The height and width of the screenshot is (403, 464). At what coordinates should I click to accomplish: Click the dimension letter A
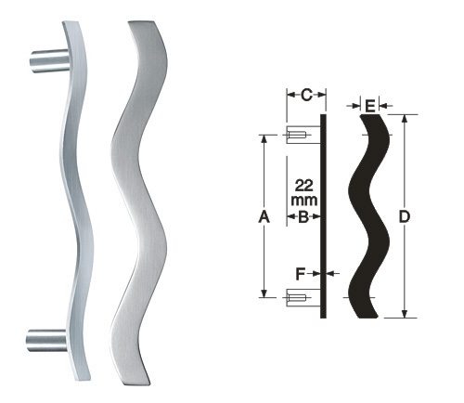click(264, 217)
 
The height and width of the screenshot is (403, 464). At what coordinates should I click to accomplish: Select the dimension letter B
click(303, 217)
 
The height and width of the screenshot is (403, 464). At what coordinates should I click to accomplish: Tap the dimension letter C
click(306, 95)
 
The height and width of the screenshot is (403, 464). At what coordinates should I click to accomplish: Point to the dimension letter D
click(404, 217)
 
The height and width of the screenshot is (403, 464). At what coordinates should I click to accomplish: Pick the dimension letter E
click(369, 107)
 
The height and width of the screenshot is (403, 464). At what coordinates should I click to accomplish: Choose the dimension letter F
click(299, 274)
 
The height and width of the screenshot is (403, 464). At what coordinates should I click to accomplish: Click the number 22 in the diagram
click(303, 184)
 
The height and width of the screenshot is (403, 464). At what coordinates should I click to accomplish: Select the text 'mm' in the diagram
click(303, 200)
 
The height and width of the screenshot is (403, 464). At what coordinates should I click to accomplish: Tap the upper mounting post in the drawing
click(298, 137)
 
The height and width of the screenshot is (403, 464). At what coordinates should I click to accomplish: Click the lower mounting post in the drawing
click(298, 297)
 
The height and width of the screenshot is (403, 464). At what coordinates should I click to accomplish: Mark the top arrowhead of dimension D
click(404, 119)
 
